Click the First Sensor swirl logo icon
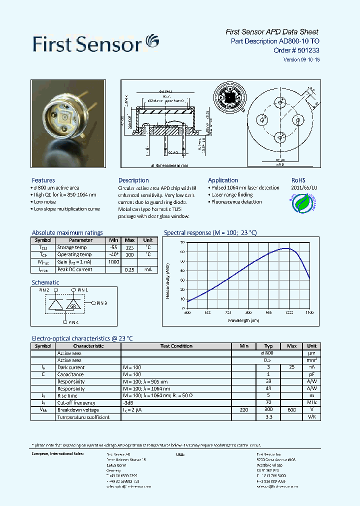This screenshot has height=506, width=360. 151,41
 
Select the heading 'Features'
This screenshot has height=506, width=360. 43,180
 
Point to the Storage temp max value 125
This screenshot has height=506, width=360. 130,247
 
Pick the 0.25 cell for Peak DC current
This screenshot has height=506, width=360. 130,269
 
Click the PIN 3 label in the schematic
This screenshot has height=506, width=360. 101,303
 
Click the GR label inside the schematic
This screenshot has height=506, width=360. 73,305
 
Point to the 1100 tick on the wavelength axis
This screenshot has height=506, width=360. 309,312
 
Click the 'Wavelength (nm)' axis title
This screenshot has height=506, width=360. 243,320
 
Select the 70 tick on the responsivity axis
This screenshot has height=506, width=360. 182,242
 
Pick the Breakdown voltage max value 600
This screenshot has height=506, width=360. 292,410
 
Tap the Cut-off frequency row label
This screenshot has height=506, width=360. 76,402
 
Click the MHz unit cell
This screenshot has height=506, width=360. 312,402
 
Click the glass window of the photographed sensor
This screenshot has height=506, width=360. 64,119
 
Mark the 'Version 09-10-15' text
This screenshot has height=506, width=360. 301,59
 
